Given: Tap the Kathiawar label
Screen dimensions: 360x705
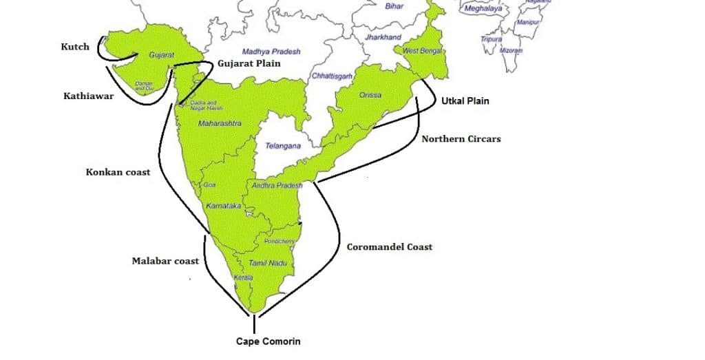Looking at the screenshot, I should [89, 97].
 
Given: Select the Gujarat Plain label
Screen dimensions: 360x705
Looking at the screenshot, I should [249, 63].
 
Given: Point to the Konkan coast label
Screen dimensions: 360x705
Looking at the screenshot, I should [117, 172].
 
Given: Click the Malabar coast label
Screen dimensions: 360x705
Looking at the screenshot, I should [165, 261].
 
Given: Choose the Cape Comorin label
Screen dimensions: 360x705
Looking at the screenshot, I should [268, 341].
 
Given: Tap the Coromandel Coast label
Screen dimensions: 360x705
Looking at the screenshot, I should [389, 246].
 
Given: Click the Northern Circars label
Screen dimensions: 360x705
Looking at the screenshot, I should [461, 139].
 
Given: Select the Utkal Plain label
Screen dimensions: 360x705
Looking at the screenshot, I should [465, 100].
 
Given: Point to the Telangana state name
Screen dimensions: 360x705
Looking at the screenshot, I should [283, 147].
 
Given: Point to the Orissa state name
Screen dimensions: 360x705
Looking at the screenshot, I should [370, 96].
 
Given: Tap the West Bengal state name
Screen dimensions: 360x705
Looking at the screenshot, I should [421, 52].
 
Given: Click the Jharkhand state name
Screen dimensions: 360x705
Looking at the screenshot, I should [383, 37].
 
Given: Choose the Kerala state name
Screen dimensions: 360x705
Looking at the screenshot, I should [243, 277].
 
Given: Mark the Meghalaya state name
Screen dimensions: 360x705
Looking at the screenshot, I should [483, 9].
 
